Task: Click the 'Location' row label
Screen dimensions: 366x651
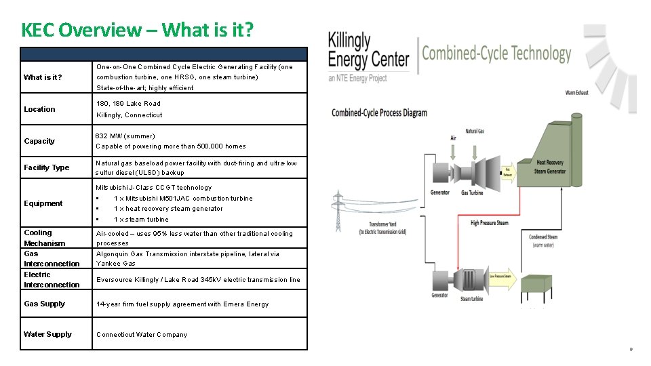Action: point(39,109)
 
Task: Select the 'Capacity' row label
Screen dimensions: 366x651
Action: point(39,141)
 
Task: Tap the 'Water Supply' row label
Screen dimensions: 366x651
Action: point(47,334)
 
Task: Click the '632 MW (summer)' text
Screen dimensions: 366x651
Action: point(125,136)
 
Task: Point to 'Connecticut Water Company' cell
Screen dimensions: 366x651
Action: point(142,335)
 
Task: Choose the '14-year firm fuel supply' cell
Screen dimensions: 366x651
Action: point(182,304)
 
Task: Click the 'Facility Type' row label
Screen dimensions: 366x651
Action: point(46,167)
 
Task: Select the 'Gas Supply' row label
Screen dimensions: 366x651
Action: point(44,304)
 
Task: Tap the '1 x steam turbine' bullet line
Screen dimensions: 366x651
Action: point(141,220)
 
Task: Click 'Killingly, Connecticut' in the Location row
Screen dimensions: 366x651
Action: point(129,115)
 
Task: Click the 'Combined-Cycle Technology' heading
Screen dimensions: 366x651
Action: point(496,54)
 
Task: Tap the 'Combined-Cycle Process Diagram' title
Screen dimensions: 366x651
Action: point(379,113)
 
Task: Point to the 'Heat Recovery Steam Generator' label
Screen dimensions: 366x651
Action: point(550,167)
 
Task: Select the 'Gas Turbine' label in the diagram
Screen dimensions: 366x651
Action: point(472,193)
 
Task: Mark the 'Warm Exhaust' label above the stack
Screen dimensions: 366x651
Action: point(576,93)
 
